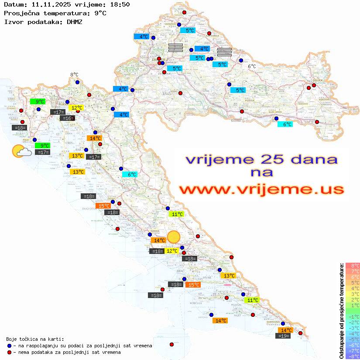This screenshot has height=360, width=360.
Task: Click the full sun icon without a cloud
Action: pyautogui.click(x=174, y=237)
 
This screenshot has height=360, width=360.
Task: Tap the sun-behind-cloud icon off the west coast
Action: pyautogui.click(x=21, y=151)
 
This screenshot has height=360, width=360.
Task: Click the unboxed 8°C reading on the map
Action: pyautogui.click(x=74, y=75)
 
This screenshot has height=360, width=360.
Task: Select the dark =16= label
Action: pyautogui.click(x=68, y=118)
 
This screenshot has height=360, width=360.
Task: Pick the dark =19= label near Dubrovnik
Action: pyautogui.click(x=284, y=336)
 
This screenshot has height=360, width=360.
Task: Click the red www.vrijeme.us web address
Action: pyautogui.click(x=261, y=189)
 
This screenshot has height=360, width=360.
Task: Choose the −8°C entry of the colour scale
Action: pyautogui.click(x=353, y=356)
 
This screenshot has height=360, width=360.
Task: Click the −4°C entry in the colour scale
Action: pyautogui.click(x=353, y=333)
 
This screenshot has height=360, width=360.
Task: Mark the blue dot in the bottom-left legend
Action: pyautogui.click(x=9, y=346)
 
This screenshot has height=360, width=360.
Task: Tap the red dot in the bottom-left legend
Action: pyautogui.click(x=9, y=352)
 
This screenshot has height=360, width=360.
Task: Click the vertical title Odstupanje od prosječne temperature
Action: pyautogui.click(x=342, y=311)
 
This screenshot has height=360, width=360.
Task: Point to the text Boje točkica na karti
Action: pyautogui.click(x=35, y=339)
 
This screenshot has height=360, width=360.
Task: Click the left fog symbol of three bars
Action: pyautogui.click(x=175, y=48)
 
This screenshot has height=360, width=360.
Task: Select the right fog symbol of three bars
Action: pyautogui.click(x=224, y=52)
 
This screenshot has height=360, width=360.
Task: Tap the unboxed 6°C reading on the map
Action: pyautogui.click(x=252, y=66)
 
